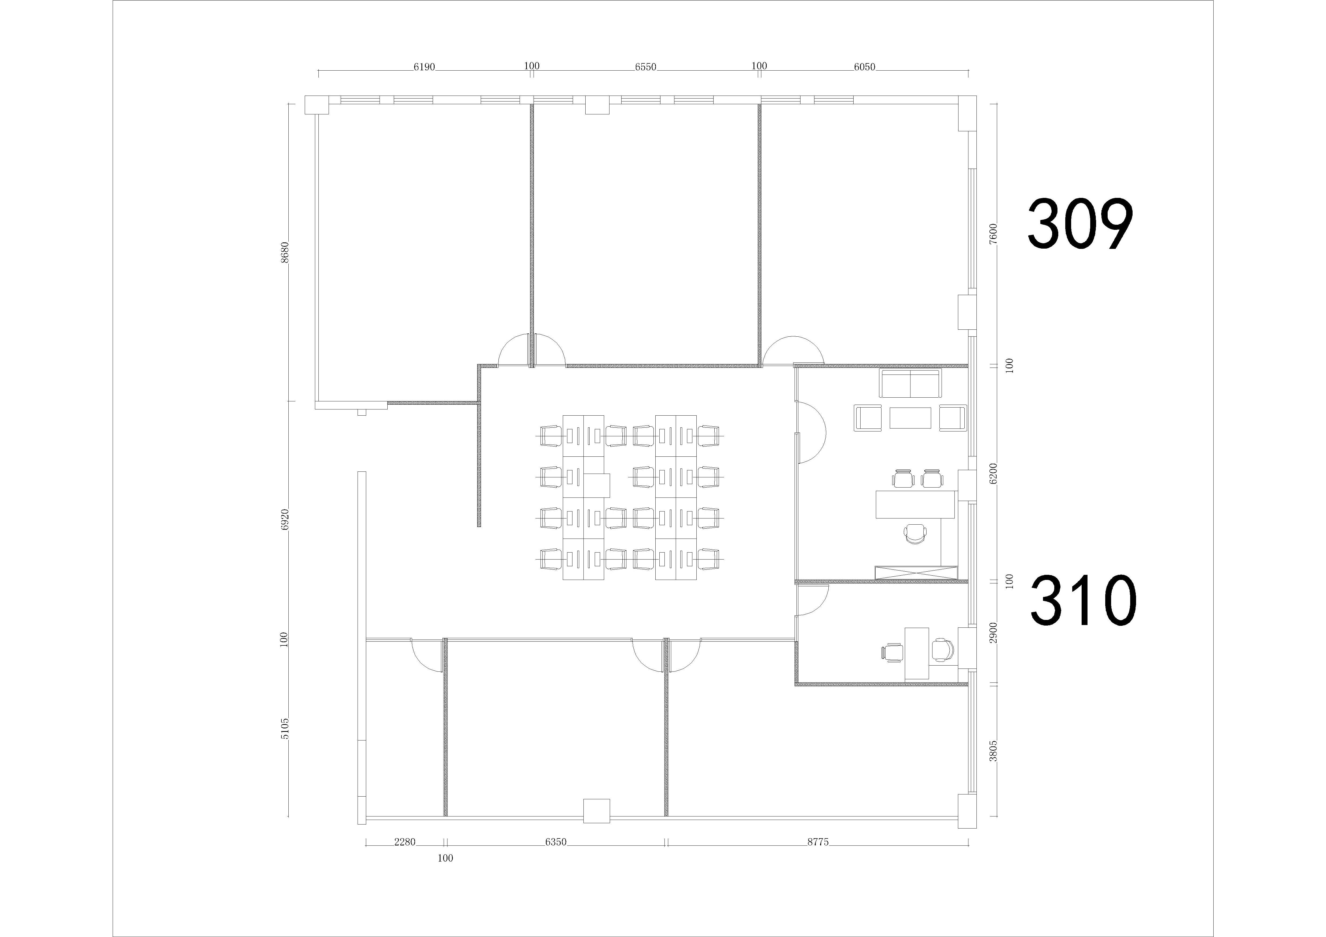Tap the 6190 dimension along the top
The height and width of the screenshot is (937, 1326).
424,67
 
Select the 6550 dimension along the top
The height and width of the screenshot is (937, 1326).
646,67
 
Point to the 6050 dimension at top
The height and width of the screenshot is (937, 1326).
865,67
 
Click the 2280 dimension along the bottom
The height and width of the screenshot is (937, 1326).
405,842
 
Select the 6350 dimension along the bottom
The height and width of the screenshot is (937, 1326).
556,842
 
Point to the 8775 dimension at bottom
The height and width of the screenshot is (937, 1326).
818,842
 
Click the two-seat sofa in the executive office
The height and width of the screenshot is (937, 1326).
910,384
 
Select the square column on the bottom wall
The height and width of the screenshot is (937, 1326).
597,811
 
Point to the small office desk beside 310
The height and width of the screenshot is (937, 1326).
917,653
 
